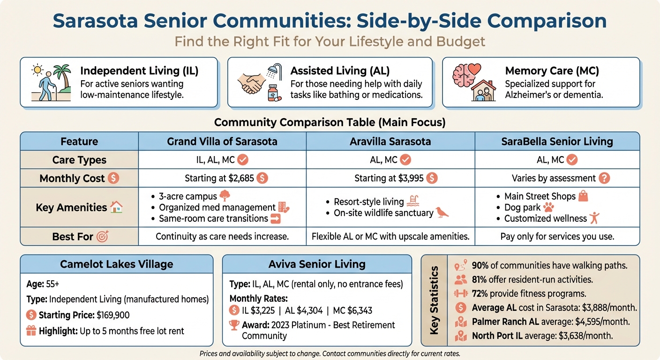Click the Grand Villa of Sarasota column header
tap(222, 141)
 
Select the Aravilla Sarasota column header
tap(390, 141)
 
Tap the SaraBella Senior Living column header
tap(557, 141)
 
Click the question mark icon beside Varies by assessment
tap(605, 178)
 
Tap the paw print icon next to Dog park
tap(548, 207)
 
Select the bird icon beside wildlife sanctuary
tap(442, 213)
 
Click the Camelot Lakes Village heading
tap(116, 264)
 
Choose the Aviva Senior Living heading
tap(317, 264)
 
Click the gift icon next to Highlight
tap(31, 331)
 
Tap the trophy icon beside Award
tap(234, 325)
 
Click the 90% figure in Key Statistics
tap(480, 266)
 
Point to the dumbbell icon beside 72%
tap(461, 294)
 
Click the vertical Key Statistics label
tap(434, 300)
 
